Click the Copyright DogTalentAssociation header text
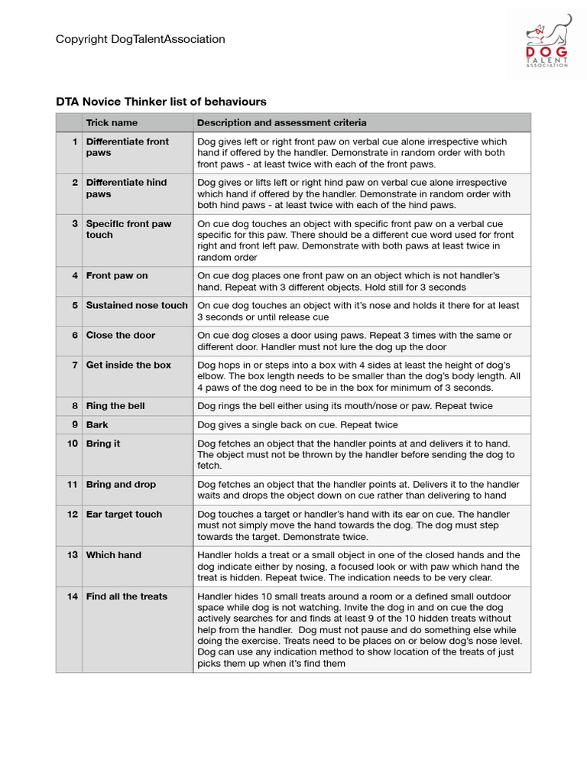tap(140, 39)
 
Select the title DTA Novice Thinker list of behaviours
tap(161, 102)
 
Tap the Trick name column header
tap(112, 122)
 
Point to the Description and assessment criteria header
tap(281, 122)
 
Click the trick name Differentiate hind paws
tap(127, 188)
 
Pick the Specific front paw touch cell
tap(128, 229)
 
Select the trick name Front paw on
tap(116, 276)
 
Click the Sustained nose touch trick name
tap(136, 305)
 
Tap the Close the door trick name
tap(120, 335)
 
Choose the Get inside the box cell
tap(128, 365)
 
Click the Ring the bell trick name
tap(115, 406)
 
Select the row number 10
tap(73, 443)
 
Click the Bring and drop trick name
tap(121, 484)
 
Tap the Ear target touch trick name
tap(124, 514)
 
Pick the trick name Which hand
tap(113, 555)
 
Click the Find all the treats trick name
tap(126, 596)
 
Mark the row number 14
tap(73, 596)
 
